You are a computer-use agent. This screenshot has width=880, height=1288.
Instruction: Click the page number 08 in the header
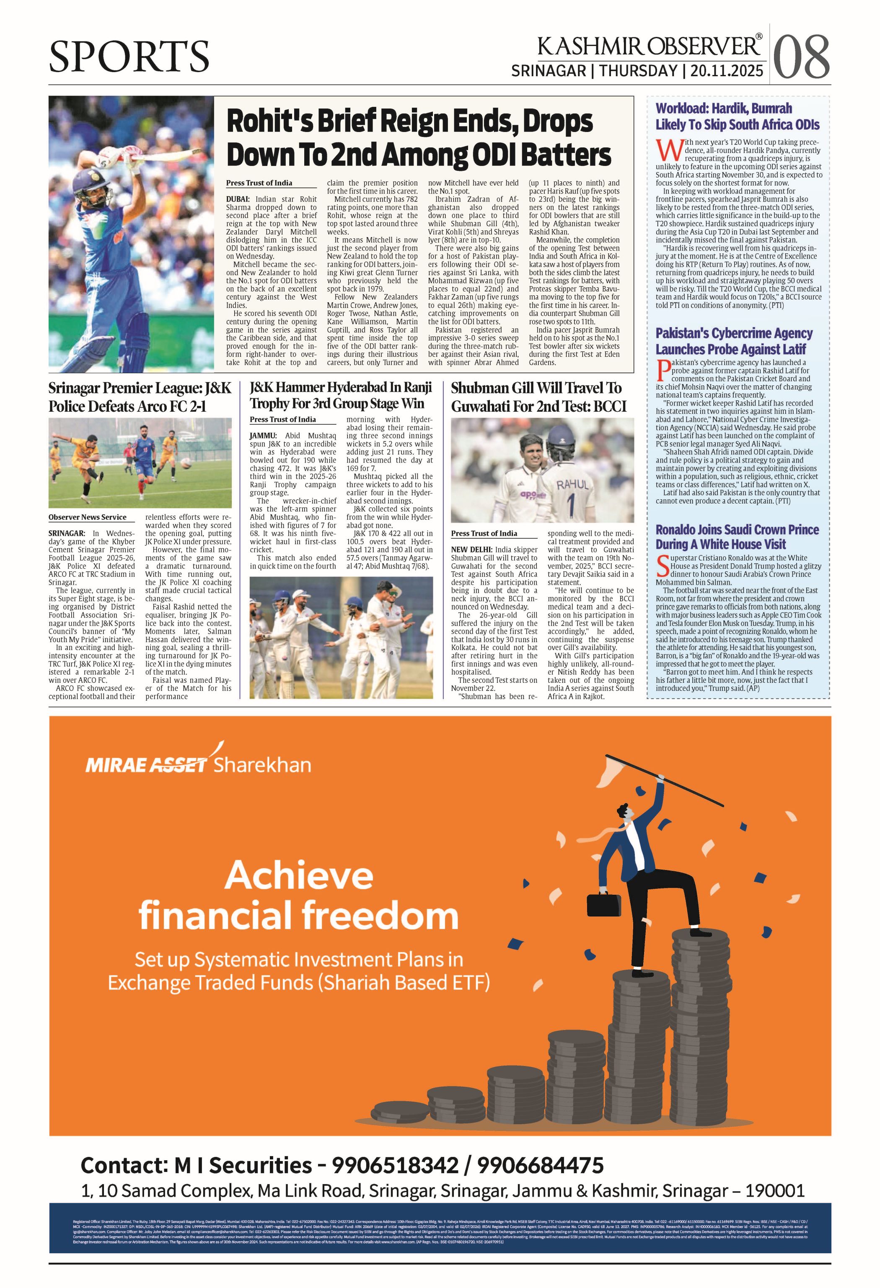[x=801, y=56]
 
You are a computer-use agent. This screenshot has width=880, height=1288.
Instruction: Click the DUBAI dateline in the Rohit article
[x=238, y=199]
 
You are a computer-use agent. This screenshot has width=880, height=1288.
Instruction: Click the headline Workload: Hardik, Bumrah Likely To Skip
[x=737, y=116]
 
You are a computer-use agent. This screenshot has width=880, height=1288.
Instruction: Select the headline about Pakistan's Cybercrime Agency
[x=734, y=341]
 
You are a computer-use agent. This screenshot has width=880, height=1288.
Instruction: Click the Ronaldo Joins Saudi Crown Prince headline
[x=737, y=537]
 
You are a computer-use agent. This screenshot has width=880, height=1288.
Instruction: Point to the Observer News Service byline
[x=87, y=517]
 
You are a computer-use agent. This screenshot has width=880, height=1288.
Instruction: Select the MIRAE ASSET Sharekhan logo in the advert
[x=198, y=764]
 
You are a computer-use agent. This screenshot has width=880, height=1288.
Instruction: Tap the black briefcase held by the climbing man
[x=603, y=904]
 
